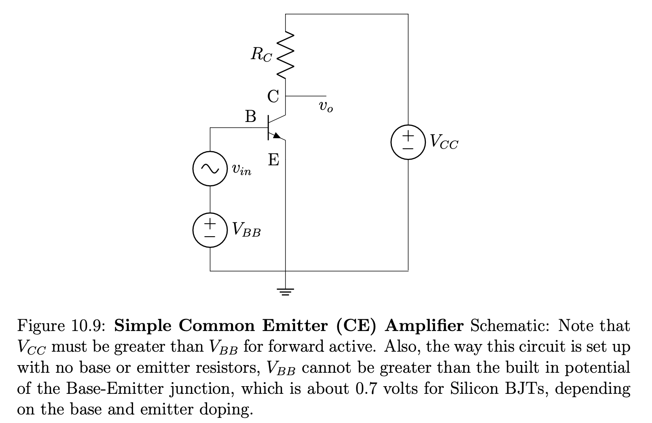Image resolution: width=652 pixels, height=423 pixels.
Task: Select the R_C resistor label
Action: click(x=261, y=55)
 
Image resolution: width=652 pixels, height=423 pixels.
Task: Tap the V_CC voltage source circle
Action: click(x=408, y=142)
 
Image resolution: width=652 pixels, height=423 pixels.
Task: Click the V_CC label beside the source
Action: click(x=444, y=142)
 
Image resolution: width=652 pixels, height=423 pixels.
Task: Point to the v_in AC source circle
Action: click(x=210, y=169)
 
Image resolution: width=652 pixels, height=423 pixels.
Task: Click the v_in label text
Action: click(x=241, y=170)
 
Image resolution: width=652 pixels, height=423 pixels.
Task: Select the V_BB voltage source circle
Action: click(x=210, y=230)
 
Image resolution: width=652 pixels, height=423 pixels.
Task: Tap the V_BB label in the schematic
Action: click(x=246, y=230)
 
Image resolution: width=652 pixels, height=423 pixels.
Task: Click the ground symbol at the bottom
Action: click(x=286, y=291)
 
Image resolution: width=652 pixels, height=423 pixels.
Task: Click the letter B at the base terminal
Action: click(x=251, y=117)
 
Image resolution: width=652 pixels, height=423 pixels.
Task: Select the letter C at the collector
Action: click(x=273, y=97)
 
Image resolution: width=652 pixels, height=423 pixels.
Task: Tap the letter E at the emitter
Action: click(x=273, y=160)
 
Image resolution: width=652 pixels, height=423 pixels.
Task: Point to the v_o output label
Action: click(x=326, y=107)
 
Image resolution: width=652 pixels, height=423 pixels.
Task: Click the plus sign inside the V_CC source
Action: click(x=408, y=135)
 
